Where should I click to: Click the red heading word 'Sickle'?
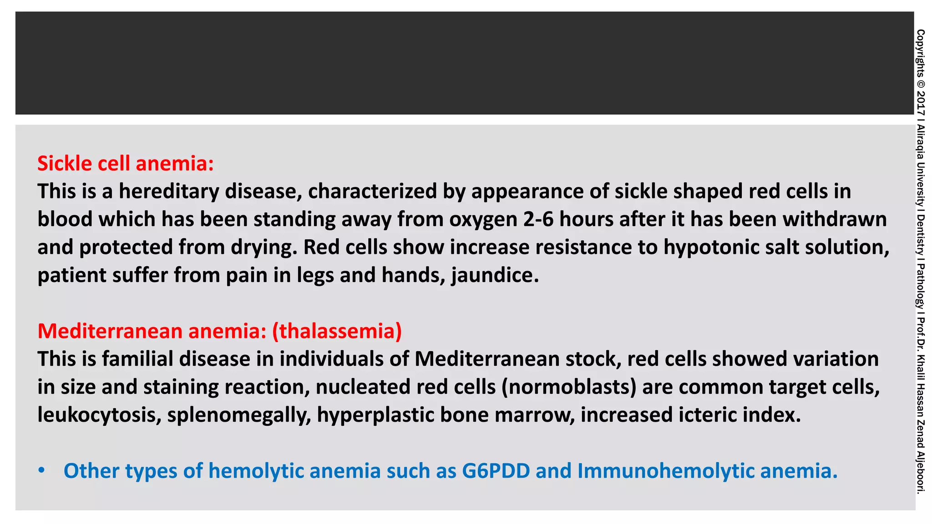[x=63, y=163]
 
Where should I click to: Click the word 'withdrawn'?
[x=835, y=220]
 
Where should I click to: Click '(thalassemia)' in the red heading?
[x=337, y=331]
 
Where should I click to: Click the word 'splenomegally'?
[x=239, y=415]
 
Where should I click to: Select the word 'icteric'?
[x=707, y=415]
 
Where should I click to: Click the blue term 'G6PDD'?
[x=496, y=471]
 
